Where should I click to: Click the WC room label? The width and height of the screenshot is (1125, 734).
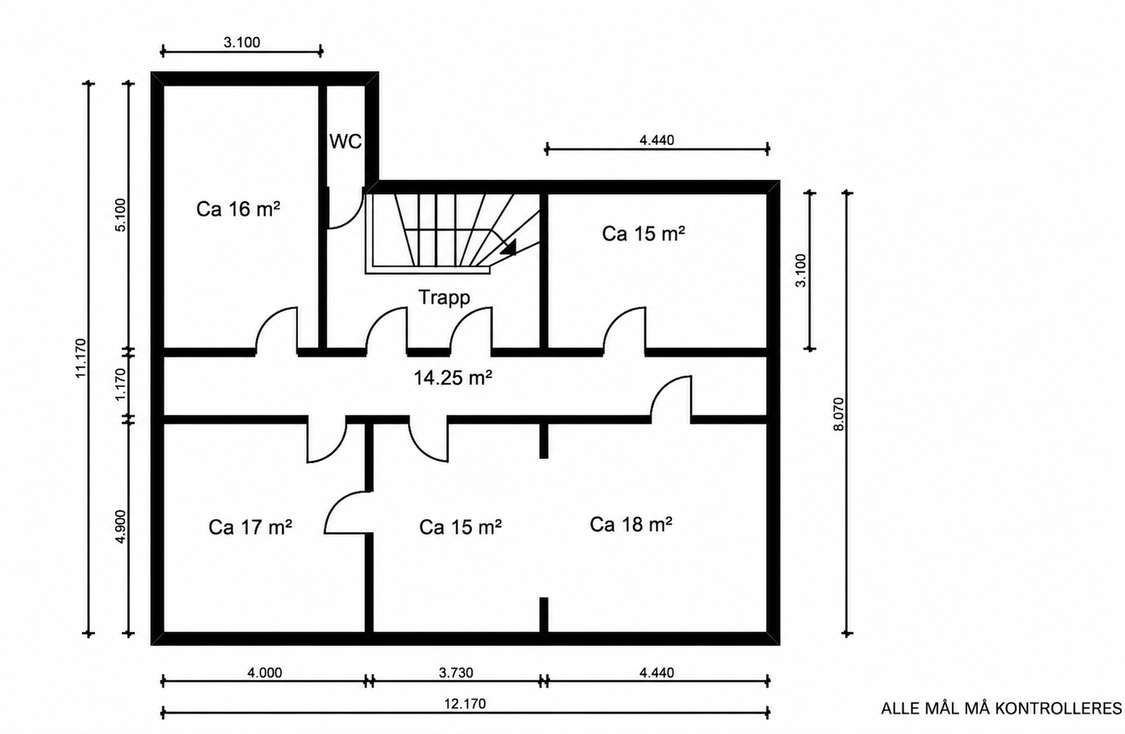346,142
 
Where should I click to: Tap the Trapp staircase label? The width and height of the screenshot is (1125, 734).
444,297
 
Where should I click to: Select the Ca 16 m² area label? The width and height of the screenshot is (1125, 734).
238,209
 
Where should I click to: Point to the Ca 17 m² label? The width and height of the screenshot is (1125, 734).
250,527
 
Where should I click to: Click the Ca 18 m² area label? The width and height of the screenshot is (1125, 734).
631,525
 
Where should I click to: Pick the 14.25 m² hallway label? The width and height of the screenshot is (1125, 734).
453,378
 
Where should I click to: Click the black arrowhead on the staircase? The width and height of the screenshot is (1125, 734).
509,246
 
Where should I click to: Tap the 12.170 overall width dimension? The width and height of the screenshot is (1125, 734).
465,704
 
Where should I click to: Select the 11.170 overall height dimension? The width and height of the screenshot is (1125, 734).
80,358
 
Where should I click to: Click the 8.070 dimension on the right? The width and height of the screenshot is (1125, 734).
838,414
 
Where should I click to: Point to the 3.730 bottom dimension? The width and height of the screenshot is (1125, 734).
456,672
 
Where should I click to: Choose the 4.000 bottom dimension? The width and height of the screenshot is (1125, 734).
264,672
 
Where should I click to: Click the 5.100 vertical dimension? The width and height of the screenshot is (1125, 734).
121,215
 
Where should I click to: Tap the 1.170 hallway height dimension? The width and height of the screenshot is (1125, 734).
121,384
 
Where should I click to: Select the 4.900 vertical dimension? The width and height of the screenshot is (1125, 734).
121,527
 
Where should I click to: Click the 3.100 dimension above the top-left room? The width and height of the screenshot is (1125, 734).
242,42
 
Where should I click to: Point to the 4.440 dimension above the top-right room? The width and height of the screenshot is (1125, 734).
656,140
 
